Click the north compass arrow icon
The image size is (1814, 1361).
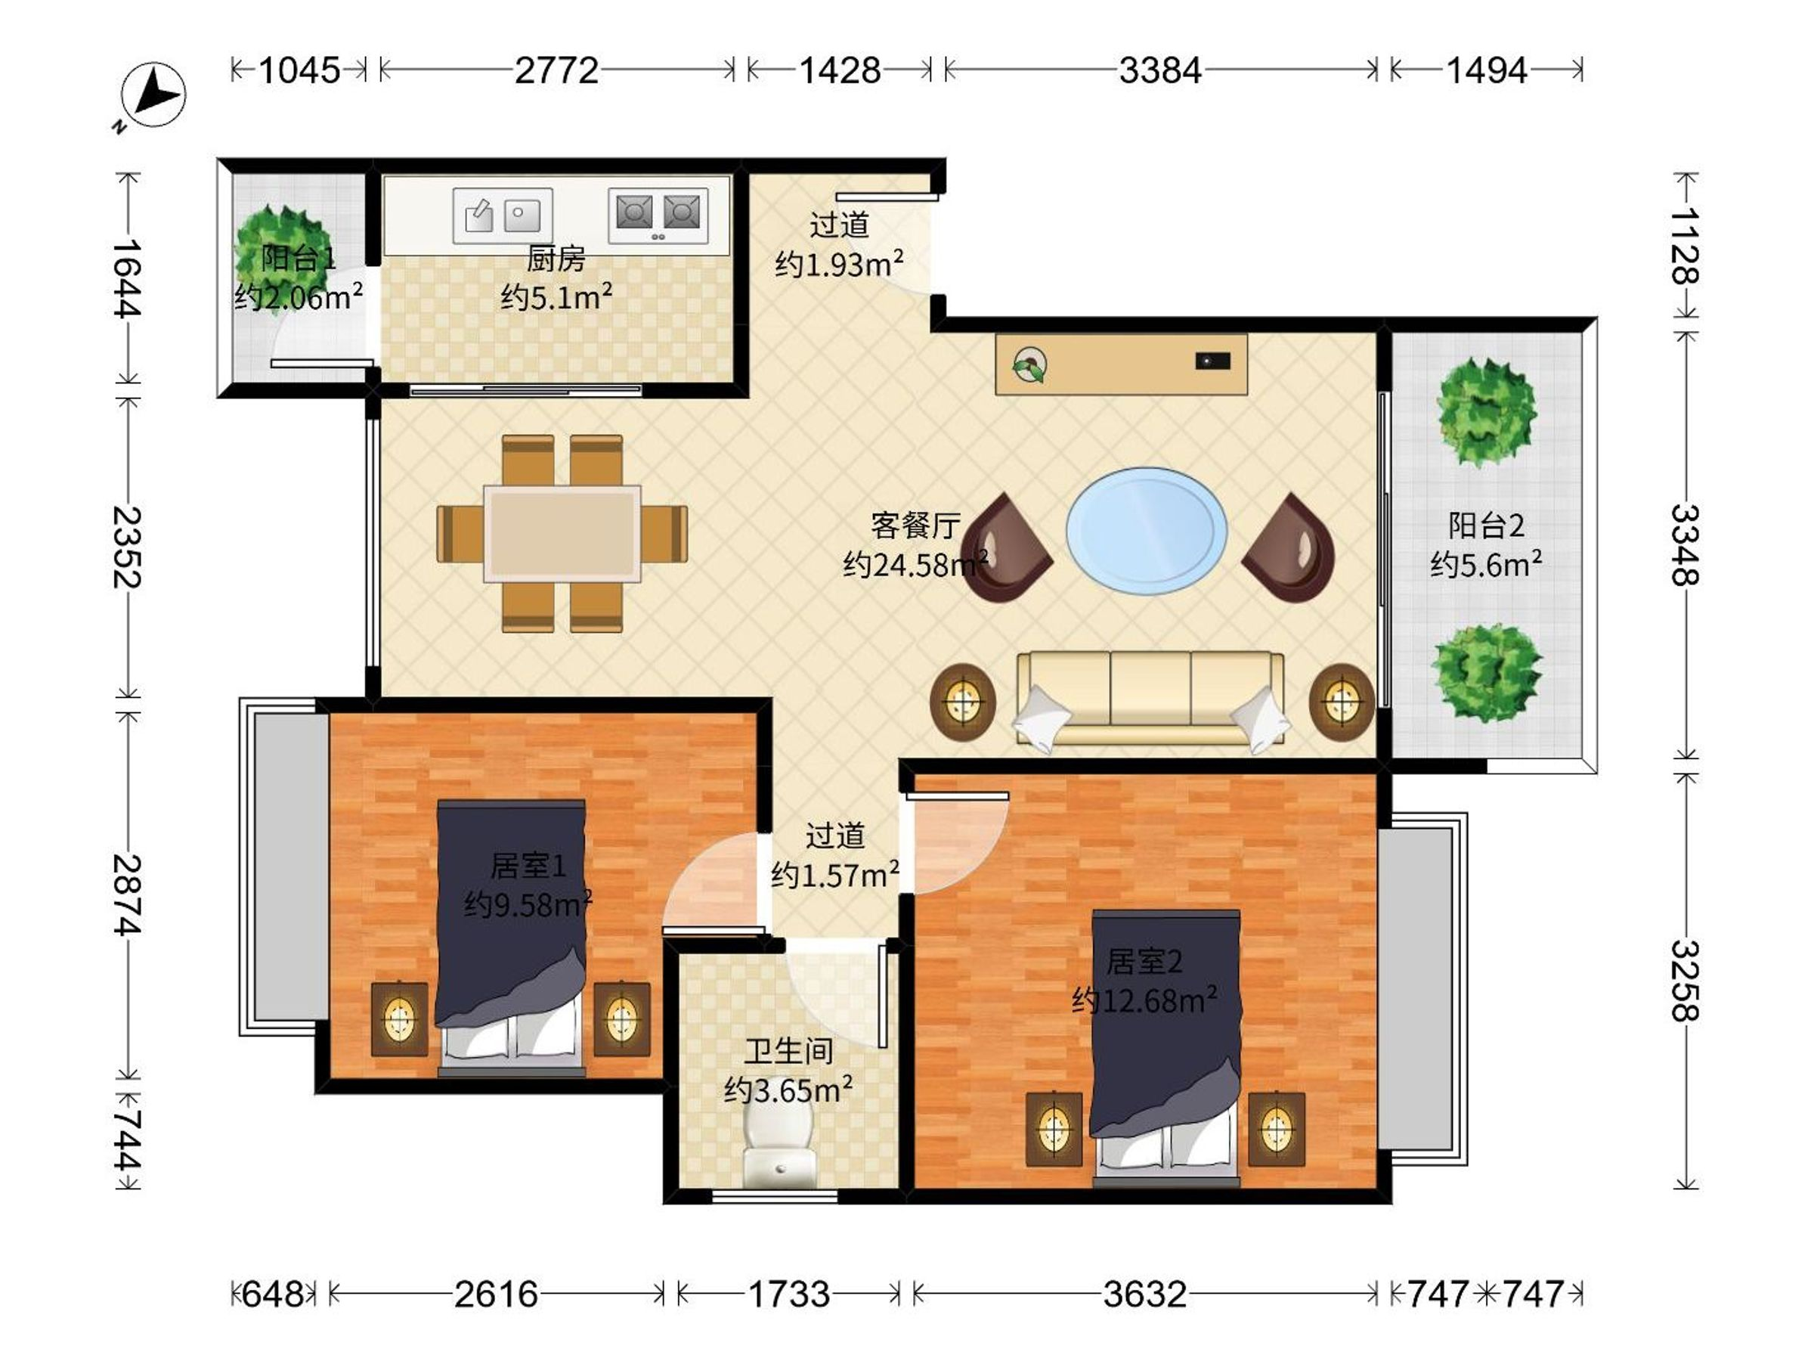[x=153, y=95]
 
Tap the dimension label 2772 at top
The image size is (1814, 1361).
[x=556, y=70]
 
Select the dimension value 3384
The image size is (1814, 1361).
[x=1160, y=70]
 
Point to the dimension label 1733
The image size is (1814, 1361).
[x=789, y=1294]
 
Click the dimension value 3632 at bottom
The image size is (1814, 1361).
[x=1145, y=1294]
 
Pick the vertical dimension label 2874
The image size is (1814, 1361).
[x=127, y=894]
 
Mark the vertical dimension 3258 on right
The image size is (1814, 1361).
[x=1685, y=981]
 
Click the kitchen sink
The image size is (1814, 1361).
[x=503, y=215]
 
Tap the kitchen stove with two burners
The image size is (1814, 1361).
[x=658, y=215]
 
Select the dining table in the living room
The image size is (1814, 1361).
[x=562, y=533]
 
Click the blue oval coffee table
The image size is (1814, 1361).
[x=1147, y=531]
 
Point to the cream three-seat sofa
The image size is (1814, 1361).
[x=1150, y=699]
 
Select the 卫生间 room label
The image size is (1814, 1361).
[x=788, y=1051]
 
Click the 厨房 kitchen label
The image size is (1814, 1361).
[x=556, y=259]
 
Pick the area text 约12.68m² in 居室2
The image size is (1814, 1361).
[x=1144, y=1000]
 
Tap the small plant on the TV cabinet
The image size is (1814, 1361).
[x=1029, y=365]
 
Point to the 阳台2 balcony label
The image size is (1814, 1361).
[x=1486, y=525]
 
